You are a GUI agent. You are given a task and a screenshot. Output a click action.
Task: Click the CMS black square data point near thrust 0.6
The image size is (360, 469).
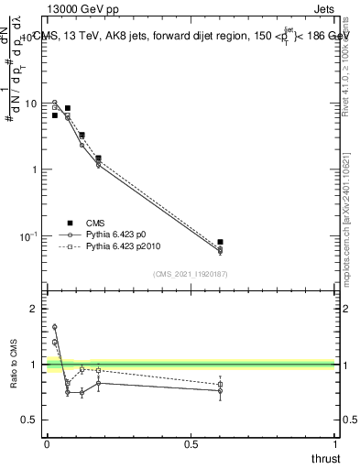(220, 242)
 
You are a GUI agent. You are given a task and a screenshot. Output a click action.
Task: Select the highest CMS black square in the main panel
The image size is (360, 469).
(67, 108)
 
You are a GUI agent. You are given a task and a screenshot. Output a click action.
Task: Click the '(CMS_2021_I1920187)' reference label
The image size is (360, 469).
(191, 274)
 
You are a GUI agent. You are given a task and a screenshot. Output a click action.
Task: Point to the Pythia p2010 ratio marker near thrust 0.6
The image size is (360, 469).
(220, 384)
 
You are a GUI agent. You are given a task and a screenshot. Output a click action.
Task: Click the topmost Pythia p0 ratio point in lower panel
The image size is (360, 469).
(54, 327)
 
